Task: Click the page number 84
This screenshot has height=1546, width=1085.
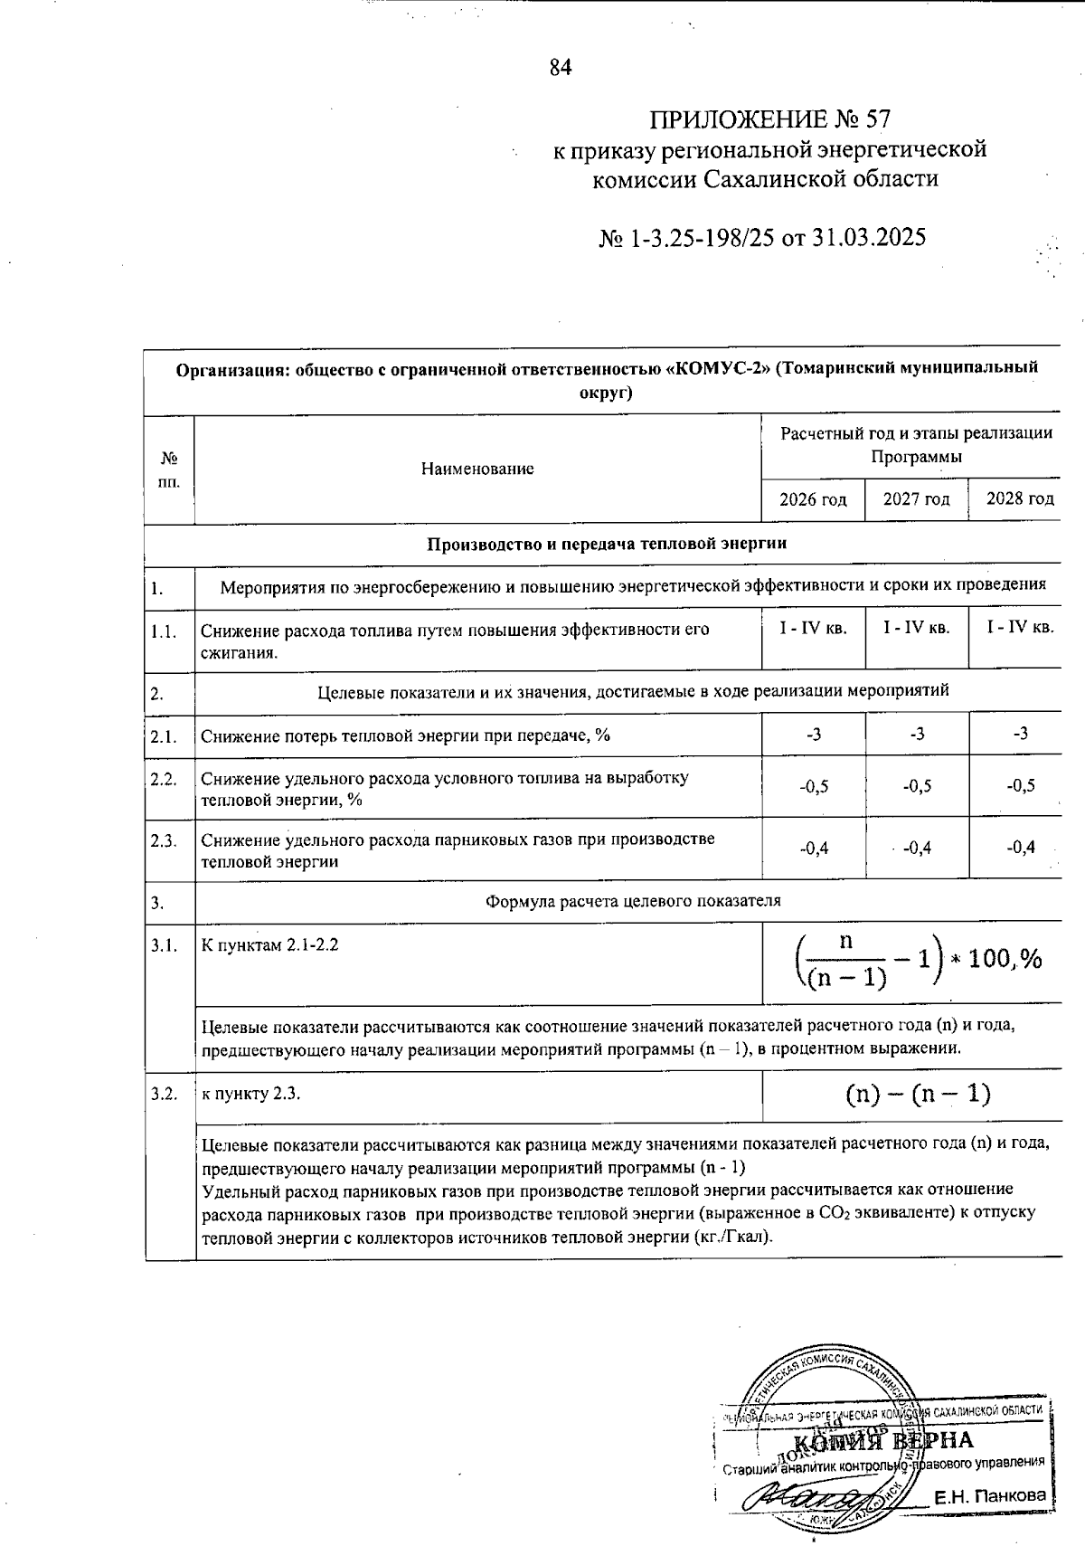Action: [x=561, y=68]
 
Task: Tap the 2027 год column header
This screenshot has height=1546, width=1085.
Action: [x=916, y=499]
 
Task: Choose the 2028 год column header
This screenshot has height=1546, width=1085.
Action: [x=1019, y=499]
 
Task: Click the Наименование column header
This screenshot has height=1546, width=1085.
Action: [x=477, y=469]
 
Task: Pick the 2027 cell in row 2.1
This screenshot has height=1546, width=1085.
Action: [x=917, y=734]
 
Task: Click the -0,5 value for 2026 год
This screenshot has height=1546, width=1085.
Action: [x=814, y=786]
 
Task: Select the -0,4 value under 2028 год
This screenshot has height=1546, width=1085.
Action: [x=1020, y=848]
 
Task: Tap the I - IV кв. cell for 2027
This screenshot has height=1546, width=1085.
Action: [x=917, y=628]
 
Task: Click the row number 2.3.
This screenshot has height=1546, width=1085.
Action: [x=164, y=840]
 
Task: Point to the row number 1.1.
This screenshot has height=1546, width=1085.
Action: [x=164, y=631]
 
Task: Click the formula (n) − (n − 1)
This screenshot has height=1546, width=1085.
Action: [x=918, y=1095]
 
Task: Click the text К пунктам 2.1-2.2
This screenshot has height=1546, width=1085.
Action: [x=269, y=945]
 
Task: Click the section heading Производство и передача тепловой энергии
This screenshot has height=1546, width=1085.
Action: [x=606, y=544]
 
